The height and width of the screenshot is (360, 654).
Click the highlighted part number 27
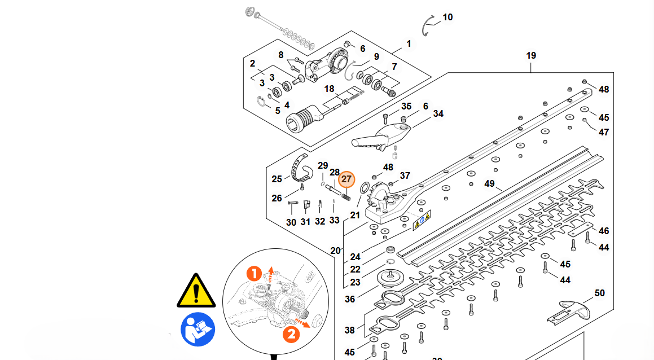346,179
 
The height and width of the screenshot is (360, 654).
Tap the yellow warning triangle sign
196,291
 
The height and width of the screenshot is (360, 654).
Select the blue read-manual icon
197,330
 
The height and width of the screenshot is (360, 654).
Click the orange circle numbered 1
254,275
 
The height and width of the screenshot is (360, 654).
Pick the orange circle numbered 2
291,334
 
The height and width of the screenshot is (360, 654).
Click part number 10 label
447,17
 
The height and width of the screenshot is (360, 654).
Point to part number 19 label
531,56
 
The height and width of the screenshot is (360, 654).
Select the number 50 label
599,293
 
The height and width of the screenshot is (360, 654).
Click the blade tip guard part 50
567,309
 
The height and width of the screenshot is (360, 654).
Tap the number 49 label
489,184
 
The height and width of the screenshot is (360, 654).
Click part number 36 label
350,299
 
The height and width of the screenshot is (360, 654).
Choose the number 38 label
350,331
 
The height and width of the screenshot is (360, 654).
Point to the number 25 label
276,179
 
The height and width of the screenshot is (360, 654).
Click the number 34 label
438,114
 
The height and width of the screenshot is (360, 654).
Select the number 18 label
329,89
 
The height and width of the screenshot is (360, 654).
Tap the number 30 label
291,222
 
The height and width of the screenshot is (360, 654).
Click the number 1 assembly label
409,44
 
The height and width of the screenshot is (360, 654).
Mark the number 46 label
604,231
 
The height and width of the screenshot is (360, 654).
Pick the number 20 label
336,251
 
